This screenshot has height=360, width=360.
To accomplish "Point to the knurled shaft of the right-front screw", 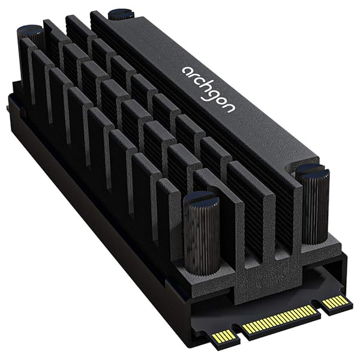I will coord(314,207).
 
